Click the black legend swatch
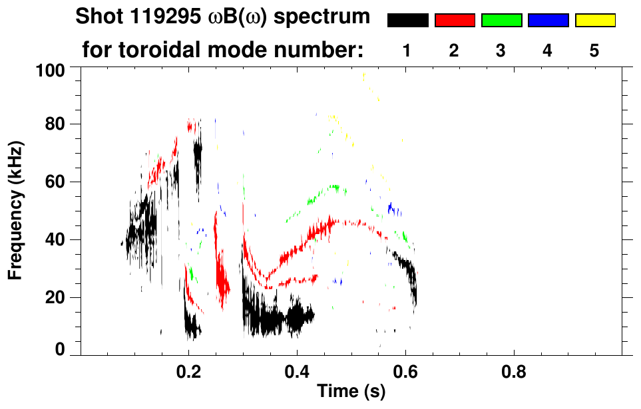tap(408, 21)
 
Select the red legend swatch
tap(455, 21)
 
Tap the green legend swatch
tap(501, 21)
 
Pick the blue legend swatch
tap(548, 21)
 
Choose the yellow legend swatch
tap(594, 21)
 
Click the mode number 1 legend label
tap(407, 51)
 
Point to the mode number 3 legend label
tap(501, 51)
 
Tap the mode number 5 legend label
tap(594, 51)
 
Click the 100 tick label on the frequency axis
tap(51, 69)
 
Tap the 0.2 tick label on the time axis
tap(189, 371)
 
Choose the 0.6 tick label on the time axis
tap(405, 371)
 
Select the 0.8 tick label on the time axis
tap(513, 371)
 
